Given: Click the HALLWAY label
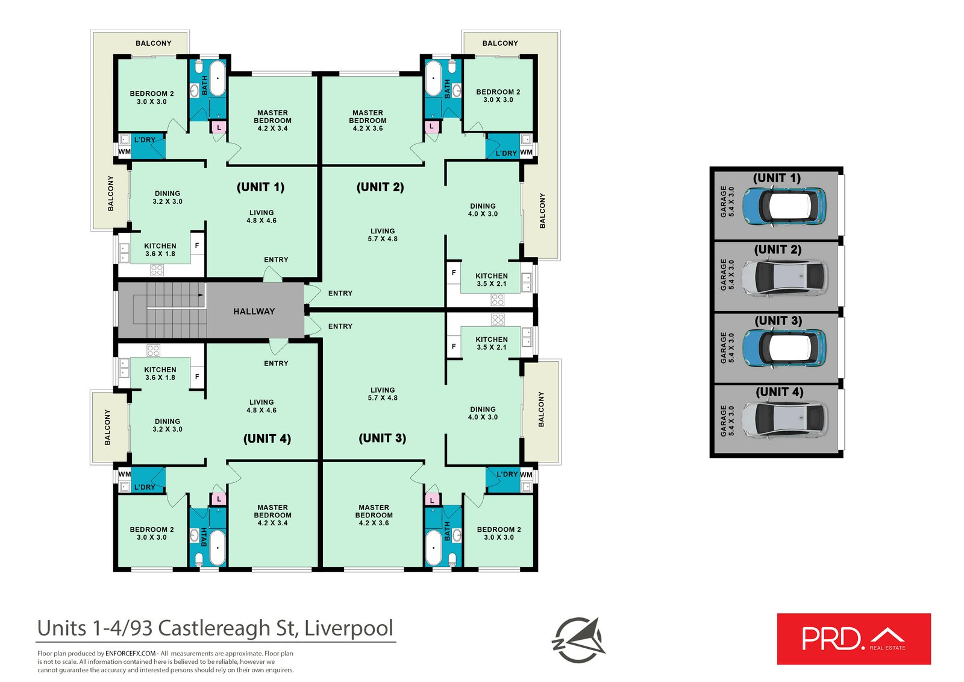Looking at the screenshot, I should [254, 311].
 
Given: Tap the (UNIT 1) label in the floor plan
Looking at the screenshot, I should [260, 187].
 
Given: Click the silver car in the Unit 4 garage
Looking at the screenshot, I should [784, 418].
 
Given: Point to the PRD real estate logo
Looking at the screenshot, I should [853, 639].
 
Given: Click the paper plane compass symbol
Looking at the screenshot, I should [579, 640].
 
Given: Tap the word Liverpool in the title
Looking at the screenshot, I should [349, 628].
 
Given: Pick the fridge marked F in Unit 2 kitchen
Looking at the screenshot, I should [454, 273].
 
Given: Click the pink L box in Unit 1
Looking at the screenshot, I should [219, 127].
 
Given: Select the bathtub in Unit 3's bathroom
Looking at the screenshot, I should [433, 546].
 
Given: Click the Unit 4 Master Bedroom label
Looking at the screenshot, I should [272, 515].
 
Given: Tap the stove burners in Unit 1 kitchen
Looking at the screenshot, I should [157, 270].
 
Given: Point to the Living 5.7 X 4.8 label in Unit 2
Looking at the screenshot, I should [383, 235].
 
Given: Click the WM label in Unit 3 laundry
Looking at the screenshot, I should [526, 475].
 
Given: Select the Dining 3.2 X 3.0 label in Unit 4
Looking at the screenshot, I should [167, 425].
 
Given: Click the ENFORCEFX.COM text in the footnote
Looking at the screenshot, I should [131, 653].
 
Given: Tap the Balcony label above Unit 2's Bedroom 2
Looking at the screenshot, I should [500, 43].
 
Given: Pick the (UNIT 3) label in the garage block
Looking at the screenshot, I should [778, 321].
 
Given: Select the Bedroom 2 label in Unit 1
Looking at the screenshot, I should [152, 98].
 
